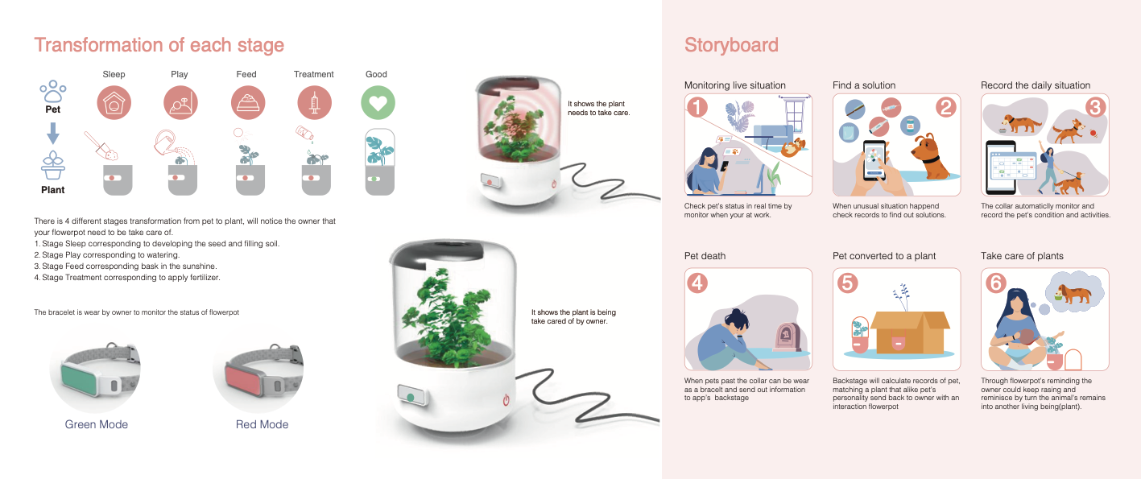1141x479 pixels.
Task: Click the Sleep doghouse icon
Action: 114,103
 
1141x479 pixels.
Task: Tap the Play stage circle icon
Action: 180,103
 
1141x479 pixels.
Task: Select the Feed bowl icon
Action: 248,103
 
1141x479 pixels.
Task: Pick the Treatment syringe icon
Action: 314,103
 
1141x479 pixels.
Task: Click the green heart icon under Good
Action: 378,103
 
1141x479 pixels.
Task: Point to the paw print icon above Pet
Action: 53,92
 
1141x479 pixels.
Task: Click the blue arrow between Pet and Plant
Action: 53,134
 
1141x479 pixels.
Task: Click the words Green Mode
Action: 97,424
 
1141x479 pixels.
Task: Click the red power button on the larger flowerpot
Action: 506,400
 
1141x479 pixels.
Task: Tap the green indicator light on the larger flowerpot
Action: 411,398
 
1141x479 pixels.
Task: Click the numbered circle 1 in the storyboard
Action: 697,107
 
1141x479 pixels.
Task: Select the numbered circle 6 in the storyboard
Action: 996,283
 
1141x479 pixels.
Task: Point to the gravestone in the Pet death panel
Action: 787,337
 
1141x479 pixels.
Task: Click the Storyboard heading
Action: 731,45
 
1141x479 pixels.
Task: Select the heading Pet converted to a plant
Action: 884,256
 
